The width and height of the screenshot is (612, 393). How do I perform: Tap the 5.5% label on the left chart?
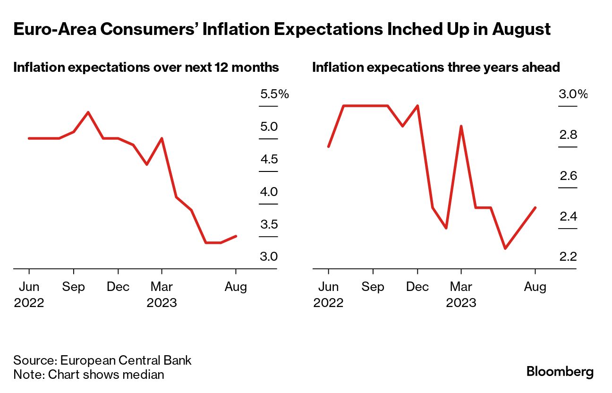pos(274,94)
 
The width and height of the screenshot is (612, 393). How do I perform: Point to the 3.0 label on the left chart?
pos(269,257)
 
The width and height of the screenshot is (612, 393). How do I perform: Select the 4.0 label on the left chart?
pos(269,192)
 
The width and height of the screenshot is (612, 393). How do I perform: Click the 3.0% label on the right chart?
pos(573,94)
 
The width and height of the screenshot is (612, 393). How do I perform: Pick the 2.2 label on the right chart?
pos(568,257)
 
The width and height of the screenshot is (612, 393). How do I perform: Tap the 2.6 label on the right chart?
pos(568,176)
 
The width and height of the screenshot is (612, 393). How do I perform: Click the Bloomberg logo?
pos(560,372)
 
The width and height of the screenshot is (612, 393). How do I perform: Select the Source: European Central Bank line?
pos(102,360)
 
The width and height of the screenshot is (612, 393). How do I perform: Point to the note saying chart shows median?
pos(89,375)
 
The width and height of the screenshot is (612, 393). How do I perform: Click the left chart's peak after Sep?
pos(88,112)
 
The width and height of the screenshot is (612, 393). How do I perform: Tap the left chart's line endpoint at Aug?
pos(236,236)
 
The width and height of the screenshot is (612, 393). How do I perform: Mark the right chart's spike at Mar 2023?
pos(461,126)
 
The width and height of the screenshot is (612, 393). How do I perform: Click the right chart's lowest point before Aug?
pos(505,248)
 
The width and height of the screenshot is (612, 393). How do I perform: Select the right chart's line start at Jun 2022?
pos(328,146)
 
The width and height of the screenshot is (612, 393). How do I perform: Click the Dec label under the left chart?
pos(118,287)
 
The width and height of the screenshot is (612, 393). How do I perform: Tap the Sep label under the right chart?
pos(373,287)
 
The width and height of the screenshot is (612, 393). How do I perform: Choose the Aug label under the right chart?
pos(535,287)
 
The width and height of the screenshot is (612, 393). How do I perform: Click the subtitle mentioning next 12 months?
pos(146,68)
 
